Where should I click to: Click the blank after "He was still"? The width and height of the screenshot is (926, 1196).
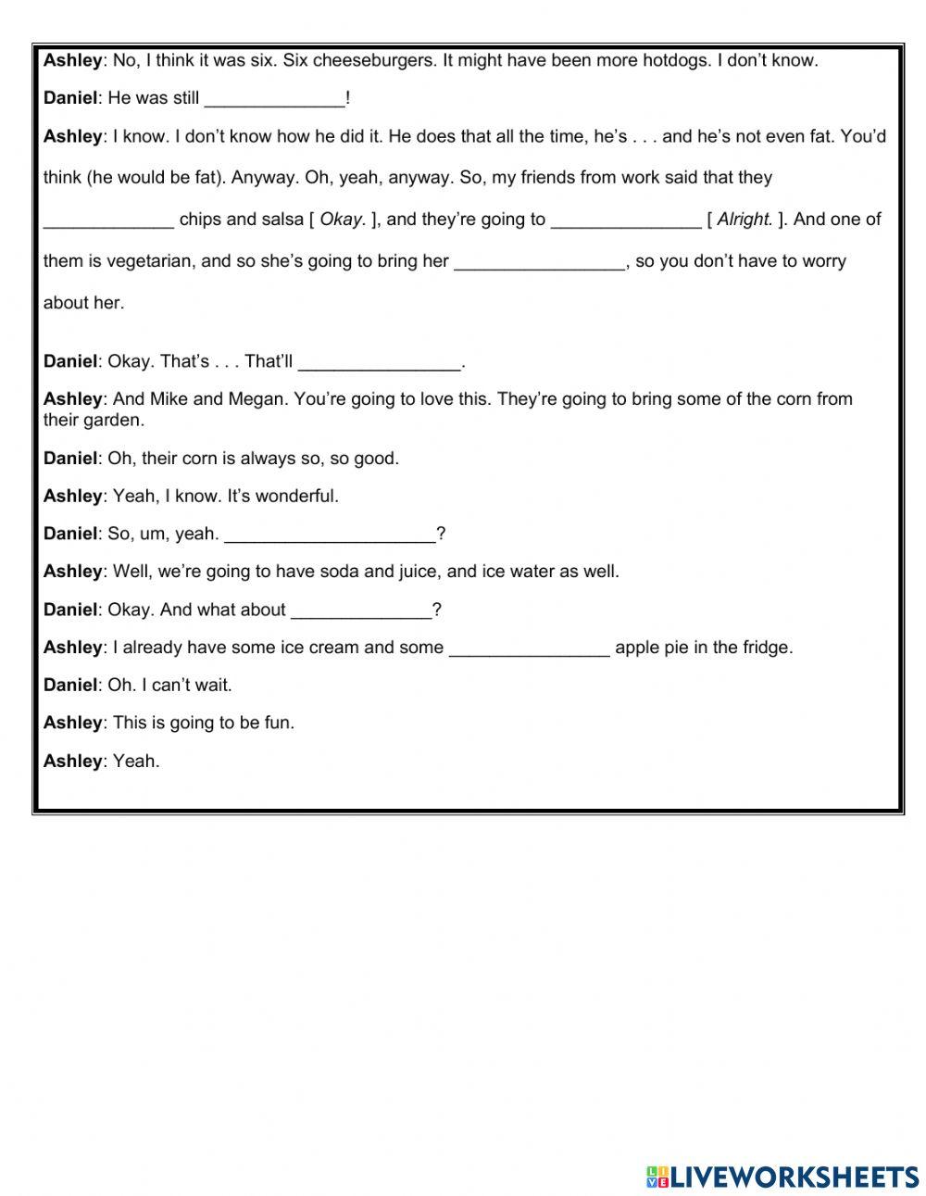click(273, 98)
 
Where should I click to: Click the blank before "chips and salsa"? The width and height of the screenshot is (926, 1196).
click(108, 220)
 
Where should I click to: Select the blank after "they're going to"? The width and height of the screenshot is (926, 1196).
click(626, 220)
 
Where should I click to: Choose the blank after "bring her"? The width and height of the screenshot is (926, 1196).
click(540, 261)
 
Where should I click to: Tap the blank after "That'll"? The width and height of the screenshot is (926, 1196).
click(380, 361)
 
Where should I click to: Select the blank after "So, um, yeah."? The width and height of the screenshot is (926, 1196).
click(330, 534)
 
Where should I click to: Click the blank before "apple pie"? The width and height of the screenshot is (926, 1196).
click(529, 648)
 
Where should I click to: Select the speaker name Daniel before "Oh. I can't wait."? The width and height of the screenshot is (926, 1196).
click(70, 686)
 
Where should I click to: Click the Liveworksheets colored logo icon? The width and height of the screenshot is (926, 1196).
click(657, 1177)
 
